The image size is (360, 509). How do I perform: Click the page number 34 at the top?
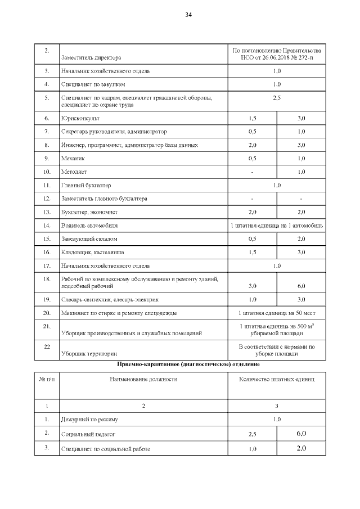[x=188, y=15]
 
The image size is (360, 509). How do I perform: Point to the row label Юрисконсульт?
[x=79, y=118]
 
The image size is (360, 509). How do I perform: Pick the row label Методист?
[x=74, y=172]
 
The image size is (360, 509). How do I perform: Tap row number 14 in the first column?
[x=47, y=226]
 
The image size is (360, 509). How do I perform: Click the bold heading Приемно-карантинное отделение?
[x=188, y=364]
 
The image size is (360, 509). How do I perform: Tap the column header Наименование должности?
[x=143, y=379]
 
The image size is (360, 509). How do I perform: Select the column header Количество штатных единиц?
[x=276, y=379]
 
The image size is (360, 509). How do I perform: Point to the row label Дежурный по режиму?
[x=89, y=420]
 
